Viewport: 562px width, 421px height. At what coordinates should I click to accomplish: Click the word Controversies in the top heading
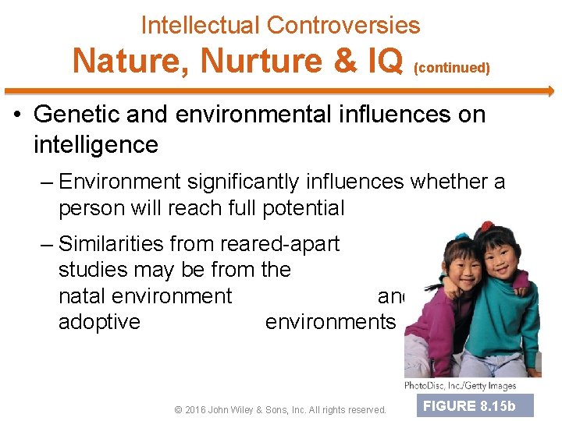343,25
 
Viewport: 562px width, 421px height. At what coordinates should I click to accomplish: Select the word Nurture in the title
244,60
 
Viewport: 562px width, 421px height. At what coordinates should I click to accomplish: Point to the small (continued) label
451,68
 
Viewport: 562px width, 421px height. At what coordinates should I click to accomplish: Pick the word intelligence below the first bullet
95,144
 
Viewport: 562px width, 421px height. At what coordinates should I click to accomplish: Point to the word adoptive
99,322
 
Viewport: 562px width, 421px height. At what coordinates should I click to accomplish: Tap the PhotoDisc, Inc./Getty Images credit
460,386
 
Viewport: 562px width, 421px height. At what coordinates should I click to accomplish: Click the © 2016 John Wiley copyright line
280,409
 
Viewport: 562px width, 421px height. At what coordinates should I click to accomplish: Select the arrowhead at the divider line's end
550,91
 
